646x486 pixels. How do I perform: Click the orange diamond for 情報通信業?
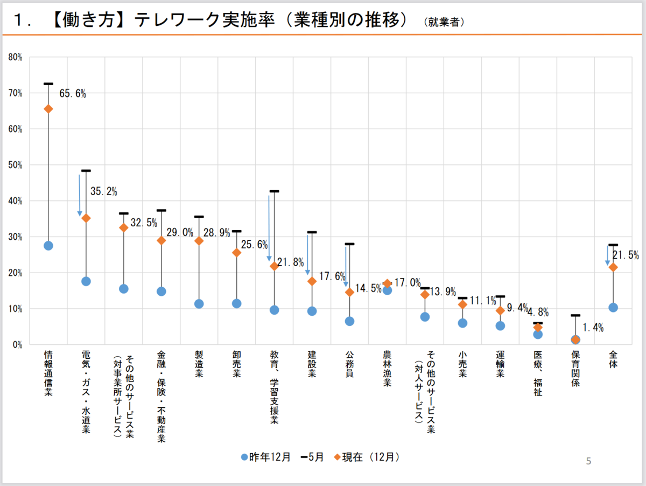click(48, 109)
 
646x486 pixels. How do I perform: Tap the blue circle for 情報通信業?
click(48, 246)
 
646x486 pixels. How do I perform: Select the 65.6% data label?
click(73, 94)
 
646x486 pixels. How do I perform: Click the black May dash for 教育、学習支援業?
click(274, 191)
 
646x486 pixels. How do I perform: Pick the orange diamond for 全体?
click(613, 267)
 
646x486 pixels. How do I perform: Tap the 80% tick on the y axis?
click(15, 57)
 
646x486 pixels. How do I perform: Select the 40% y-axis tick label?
click(15, 201)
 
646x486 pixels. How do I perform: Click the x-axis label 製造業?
click(199, 365)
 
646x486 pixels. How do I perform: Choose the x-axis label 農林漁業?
click(387, 369)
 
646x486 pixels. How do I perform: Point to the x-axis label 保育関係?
click(575, 369)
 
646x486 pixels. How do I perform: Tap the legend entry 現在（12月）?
click(366, 457)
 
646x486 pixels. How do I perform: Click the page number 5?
click(588, 461)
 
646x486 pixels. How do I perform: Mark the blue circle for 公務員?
click(349, 321)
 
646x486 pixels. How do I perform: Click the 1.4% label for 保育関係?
click(593, 327)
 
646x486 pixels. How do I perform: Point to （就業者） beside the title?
click(444, 23)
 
